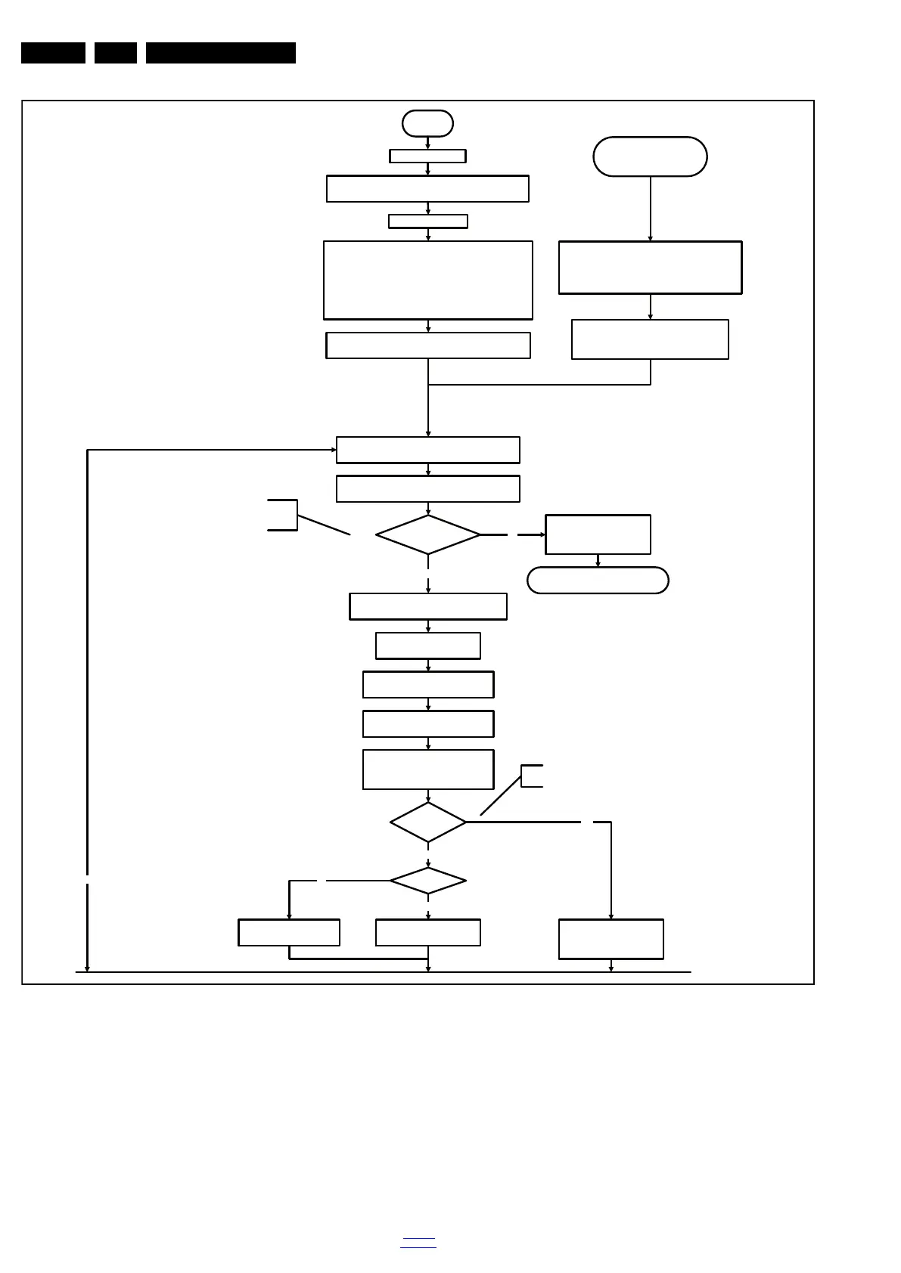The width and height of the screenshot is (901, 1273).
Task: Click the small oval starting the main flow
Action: click(427, 123)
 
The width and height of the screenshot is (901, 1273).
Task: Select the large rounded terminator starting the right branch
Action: click(650, 156)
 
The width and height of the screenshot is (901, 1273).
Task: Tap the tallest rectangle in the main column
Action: click(427, 280)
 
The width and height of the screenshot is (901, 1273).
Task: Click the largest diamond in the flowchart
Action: click(427, 534)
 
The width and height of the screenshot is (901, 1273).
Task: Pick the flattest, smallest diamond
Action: click(427, 881)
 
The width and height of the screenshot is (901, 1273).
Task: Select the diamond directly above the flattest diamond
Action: click(427, 822)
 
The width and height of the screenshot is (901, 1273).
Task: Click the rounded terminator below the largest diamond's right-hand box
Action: click(598, 581)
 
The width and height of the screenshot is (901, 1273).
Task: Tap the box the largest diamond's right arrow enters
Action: click(598, 534)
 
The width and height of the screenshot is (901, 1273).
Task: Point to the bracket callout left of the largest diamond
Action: click(284, 515)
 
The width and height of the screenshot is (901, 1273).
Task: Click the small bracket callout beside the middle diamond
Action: click(531, 776)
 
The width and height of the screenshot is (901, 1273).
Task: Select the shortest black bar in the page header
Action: click(115, 53)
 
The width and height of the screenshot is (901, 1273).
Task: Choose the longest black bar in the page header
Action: click(220, 53)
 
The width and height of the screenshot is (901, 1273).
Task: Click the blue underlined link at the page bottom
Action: click(418, 1243)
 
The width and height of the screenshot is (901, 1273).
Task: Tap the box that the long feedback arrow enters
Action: click(427, 450)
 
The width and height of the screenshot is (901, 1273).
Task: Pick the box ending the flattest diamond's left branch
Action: click(289, 933)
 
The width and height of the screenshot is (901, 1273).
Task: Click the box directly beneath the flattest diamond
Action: click(427, 933)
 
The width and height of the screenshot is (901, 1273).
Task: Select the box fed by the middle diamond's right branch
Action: click(611, 939)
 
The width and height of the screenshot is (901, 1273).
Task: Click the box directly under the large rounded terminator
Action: click(650, 268)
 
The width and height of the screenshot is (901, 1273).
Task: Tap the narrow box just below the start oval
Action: click(427, 156)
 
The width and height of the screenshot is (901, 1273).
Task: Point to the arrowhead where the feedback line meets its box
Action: click(334, 450)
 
